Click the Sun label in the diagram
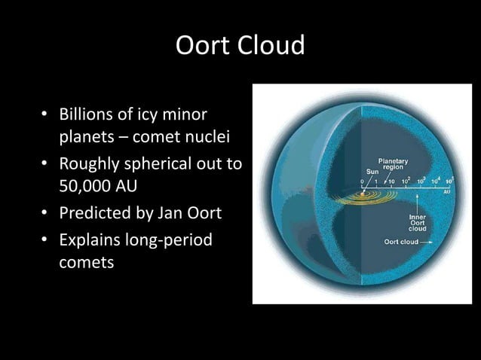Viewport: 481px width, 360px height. point(363,171)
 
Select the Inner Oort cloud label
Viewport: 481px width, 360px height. point(417,223)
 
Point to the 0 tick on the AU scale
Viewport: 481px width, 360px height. point(362,181)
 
